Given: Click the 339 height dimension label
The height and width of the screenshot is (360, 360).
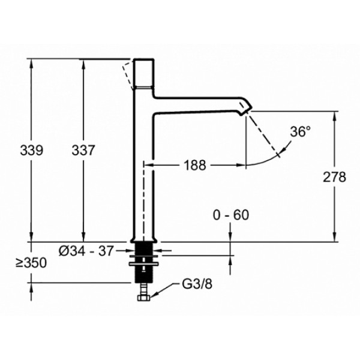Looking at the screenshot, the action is pos(32,151).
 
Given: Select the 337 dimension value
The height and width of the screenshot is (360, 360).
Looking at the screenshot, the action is pos(83,151).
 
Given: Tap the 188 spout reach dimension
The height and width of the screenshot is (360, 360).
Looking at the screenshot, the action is pos(195,165).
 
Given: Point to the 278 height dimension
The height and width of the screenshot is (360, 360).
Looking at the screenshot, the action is pos(334,177).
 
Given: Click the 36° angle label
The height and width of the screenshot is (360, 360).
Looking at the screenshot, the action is pos(301,132).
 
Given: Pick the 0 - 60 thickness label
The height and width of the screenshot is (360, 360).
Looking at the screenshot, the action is pos(231,215).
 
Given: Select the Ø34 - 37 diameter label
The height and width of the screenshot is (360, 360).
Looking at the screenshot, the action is pos(86,251).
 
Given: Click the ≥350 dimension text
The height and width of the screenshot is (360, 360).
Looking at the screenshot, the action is pos(31,263).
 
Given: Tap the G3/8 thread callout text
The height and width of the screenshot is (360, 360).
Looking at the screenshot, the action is pos(197,284).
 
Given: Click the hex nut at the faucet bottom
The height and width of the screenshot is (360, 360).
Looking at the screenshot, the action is pos(144,298).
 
